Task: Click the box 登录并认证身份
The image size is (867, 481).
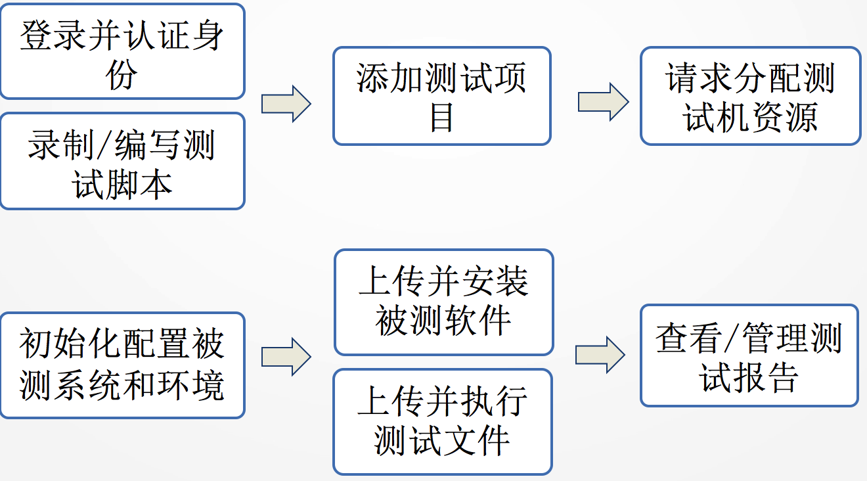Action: (122, 51)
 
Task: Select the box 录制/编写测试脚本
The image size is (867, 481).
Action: (122, 161)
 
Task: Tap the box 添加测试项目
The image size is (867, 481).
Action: (441, 96)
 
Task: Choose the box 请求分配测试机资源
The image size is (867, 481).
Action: (750, 96)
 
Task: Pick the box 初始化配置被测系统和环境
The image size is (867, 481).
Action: (122, 365)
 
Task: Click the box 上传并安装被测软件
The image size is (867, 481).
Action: (443, 302)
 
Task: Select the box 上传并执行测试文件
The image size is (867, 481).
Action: (442, 421)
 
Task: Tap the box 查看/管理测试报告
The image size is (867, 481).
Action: (749, 355)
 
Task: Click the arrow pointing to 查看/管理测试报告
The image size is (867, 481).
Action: (600, 355)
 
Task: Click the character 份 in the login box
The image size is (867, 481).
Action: (122, 76)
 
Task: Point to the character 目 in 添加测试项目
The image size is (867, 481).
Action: (441, 118)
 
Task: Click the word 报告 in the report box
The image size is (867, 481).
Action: (766, 378)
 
